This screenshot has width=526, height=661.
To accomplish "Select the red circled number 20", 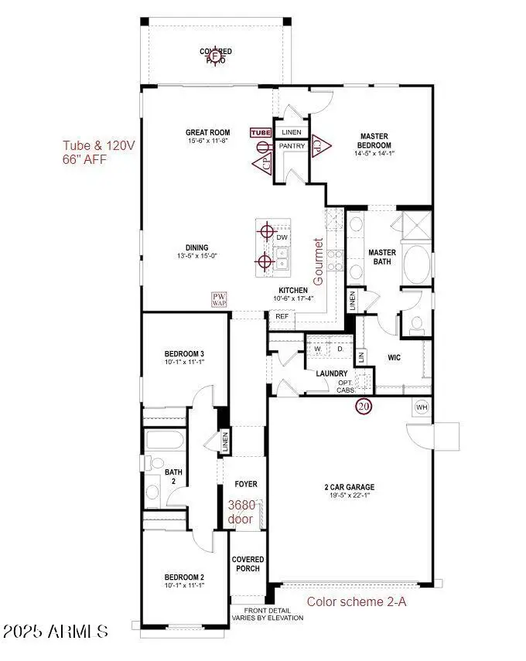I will [363, 406].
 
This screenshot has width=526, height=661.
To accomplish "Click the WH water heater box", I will [422, 406].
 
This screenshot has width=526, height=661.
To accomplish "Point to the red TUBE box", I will [261, 132].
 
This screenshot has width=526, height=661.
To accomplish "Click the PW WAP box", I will [220, 300].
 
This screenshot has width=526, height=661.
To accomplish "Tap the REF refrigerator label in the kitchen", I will [282, 315].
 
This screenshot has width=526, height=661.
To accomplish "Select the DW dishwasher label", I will [282, 237].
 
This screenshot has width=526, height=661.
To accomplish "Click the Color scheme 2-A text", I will [357, 601].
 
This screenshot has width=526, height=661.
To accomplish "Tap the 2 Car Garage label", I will [349, 487].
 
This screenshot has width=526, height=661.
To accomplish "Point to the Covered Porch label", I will [248, 564].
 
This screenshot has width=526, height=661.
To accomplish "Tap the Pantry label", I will [292, 145].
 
